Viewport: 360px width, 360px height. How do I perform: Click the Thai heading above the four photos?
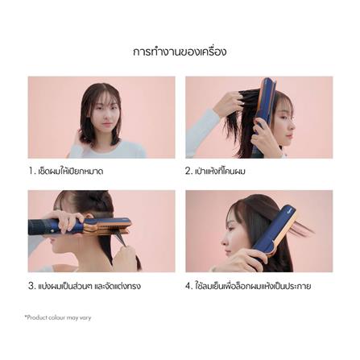[180, 52]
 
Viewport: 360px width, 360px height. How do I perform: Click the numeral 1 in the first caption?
[31, 171]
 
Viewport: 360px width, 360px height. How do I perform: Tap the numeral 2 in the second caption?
[188, 171]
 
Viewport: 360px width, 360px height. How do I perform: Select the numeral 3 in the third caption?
[31, 286]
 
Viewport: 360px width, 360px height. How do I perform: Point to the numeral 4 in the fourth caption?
[188, 286]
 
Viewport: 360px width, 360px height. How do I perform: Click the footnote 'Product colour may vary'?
[58, 318]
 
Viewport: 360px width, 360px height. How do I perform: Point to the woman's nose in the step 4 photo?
[224, 240]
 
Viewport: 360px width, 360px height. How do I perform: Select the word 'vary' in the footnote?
[85, 318]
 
